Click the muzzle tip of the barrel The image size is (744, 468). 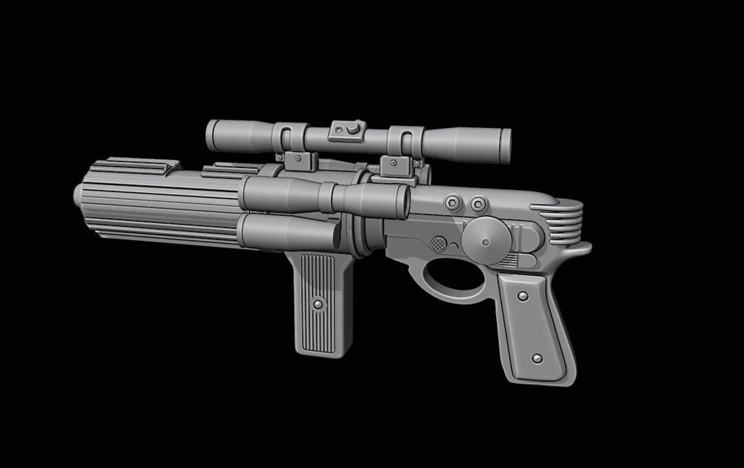point(78,195)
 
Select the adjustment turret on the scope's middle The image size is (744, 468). point(347,130)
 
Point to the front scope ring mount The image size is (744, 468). point(290,138)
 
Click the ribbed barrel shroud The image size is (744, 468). point(158,203)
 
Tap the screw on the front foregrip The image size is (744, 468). point(318,303)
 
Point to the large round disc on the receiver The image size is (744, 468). point(486,240)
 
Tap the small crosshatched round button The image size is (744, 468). point(438,244)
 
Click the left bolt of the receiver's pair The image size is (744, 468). point(453,204)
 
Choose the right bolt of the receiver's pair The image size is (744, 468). point(477,205)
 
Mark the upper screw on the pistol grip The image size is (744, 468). point(523,296)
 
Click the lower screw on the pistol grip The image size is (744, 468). point(537,359)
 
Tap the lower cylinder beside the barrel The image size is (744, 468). point(289,232)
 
